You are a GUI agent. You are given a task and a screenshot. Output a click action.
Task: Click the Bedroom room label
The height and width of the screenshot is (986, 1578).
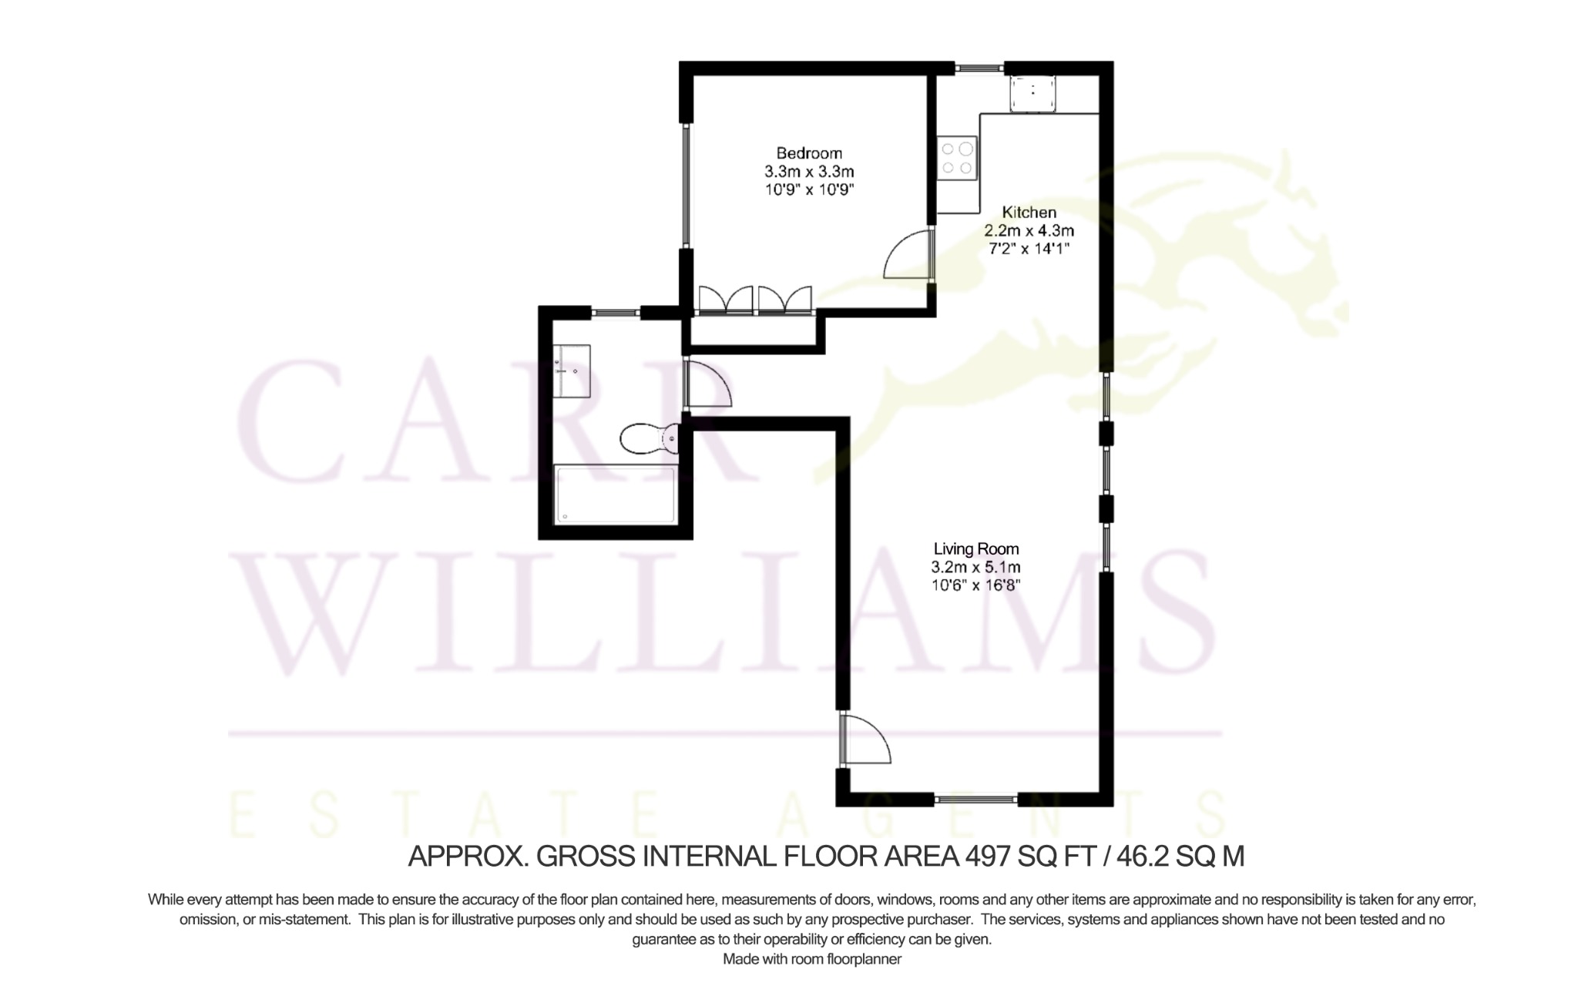point(809,153)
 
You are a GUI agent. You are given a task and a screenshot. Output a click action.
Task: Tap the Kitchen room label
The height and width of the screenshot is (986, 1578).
point(1029,212)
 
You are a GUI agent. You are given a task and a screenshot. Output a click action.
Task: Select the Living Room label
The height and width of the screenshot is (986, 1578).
point(976,549)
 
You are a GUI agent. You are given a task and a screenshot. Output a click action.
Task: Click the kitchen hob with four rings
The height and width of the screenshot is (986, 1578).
point(957,158)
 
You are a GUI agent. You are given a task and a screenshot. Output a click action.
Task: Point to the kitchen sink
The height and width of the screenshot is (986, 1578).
point(1033,94)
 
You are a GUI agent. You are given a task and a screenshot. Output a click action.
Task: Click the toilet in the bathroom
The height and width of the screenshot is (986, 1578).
point(650,438)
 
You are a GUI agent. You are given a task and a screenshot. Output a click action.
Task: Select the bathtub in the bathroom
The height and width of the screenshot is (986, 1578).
point(615,495)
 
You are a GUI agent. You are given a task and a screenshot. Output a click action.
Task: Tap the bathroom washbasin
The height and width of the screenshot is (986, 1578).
point(572,371)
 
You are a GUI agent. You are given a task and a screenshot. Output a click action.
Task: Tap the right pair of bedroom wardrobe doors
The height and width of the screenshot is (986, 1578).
point(785,299)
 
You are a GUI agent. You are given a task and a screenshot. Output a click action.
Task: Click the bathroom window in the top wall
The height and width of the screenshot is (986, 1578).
point(616,313)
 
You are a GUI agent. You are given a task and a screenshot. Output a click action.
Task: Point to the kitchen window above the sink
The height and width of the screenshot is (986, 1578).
point(981,68)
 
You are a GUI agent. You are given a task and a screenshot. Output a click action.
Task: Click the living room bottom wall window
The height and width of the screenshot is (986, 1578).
point(976,800)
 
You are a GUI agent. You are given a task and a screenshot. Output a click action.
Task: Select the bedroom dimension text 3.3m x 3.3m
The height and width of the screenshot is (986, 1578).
point(809,171)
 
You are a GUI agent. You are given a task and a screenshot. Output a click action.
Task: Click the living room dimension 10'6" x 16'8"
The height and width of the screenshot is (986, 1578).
point(976,585)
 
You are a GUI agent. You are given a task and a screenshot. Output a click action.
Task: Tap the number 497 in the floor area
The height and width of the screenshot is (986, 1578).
point(988,857)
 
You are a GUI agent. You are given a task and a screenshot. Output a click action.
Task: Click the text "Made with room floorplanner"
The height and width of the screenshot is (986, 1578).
point(812,959)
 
